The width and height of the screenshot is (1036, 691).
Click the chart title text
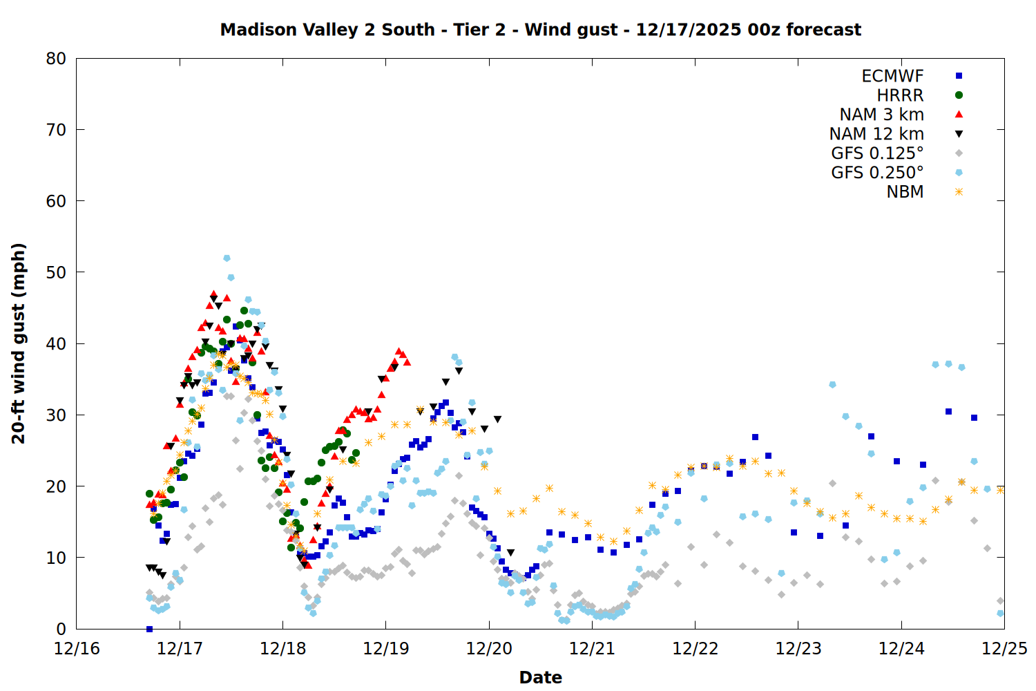[x=540, y=30]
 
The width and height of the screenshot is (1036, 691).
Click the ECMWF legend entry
[x=892, y=76]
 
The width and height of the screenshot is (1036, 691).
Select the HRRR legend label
[x=900, y=95]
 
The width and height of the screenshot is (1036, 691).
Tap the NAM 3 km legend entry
[x=881, y=115]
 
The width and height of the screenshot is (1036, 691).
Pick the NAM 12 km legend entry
[x=876, y=134]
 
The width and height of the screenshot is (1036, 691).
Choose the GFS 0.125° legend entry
[x=877, y=153]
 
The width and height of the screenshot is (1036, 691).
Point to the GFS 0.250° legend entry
[x=877, y=173]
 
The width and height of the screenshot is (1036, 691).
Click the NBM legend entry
[x=905, y=192]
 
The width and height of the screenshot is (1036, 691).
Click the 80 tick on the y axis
[x=56, y=59]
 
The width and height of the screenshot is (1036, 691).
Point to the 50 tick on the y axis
[x=56, y=272]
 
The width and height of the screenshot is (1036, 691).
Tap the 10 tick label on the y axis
[x=56, y=558]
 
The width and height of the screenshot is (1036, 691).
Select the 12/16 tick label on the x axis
[x=77, y=649]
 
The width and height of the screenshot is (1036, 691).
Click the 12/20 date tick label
[x=489, y=649]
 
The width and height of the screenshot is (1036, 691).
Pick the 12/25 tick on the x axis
[x=1004, y=649]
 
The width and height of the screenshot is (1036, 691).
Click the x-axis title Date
[x=540, y=677]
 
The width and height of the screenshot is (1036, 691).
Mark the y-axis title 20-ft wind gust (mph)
[x=19, y=343]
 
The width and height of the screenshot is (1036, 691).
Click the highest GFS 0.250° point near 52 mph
[x=227, y=258]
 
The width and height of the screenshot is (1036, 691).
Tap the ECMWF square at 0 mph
[x=149, y=629]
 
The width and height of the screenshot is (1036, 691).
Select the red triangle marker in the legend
[x=959, y=115]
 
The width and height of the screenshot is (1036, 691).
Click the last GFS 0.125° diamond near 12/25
[x=1000, y=601]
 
